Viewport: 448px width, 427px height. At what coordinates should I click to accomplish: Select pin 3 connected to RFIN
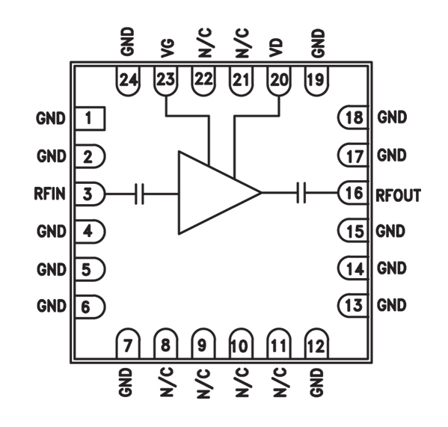tap(88, 194)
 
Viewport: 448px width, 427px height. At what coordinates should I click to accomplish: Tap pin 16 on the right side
tap(352, 194)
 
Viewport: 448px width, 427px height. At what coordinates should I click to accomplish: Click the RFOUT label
tap(398, 194)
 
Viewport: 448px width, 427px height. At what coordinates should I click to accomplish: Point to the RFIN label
tap(50, 194)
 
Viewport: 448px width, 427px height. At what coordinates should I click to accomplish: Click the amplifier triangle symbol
tap(214, 193)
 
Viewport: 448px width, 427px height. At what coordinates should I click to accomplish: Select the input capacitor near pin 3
tap(138, 194)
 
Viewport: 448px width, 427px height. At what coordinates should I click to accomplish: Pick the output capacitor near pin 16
tap(301, 194)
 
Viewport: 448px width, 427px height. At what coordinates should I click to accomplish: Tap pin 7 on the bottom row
tap(127, 345)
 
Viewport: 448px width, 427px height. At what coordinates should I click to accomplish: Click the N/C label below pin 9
tap(203, 383)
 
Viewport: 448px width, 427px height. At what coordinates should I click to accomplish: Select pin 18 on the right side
tap(352, 118)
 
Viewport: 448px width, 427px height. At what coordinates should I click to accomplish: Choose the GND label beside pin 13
tap(391, 306)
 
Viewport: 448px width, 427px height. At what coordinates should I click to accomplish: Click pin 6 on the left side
tap(88, 306)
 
